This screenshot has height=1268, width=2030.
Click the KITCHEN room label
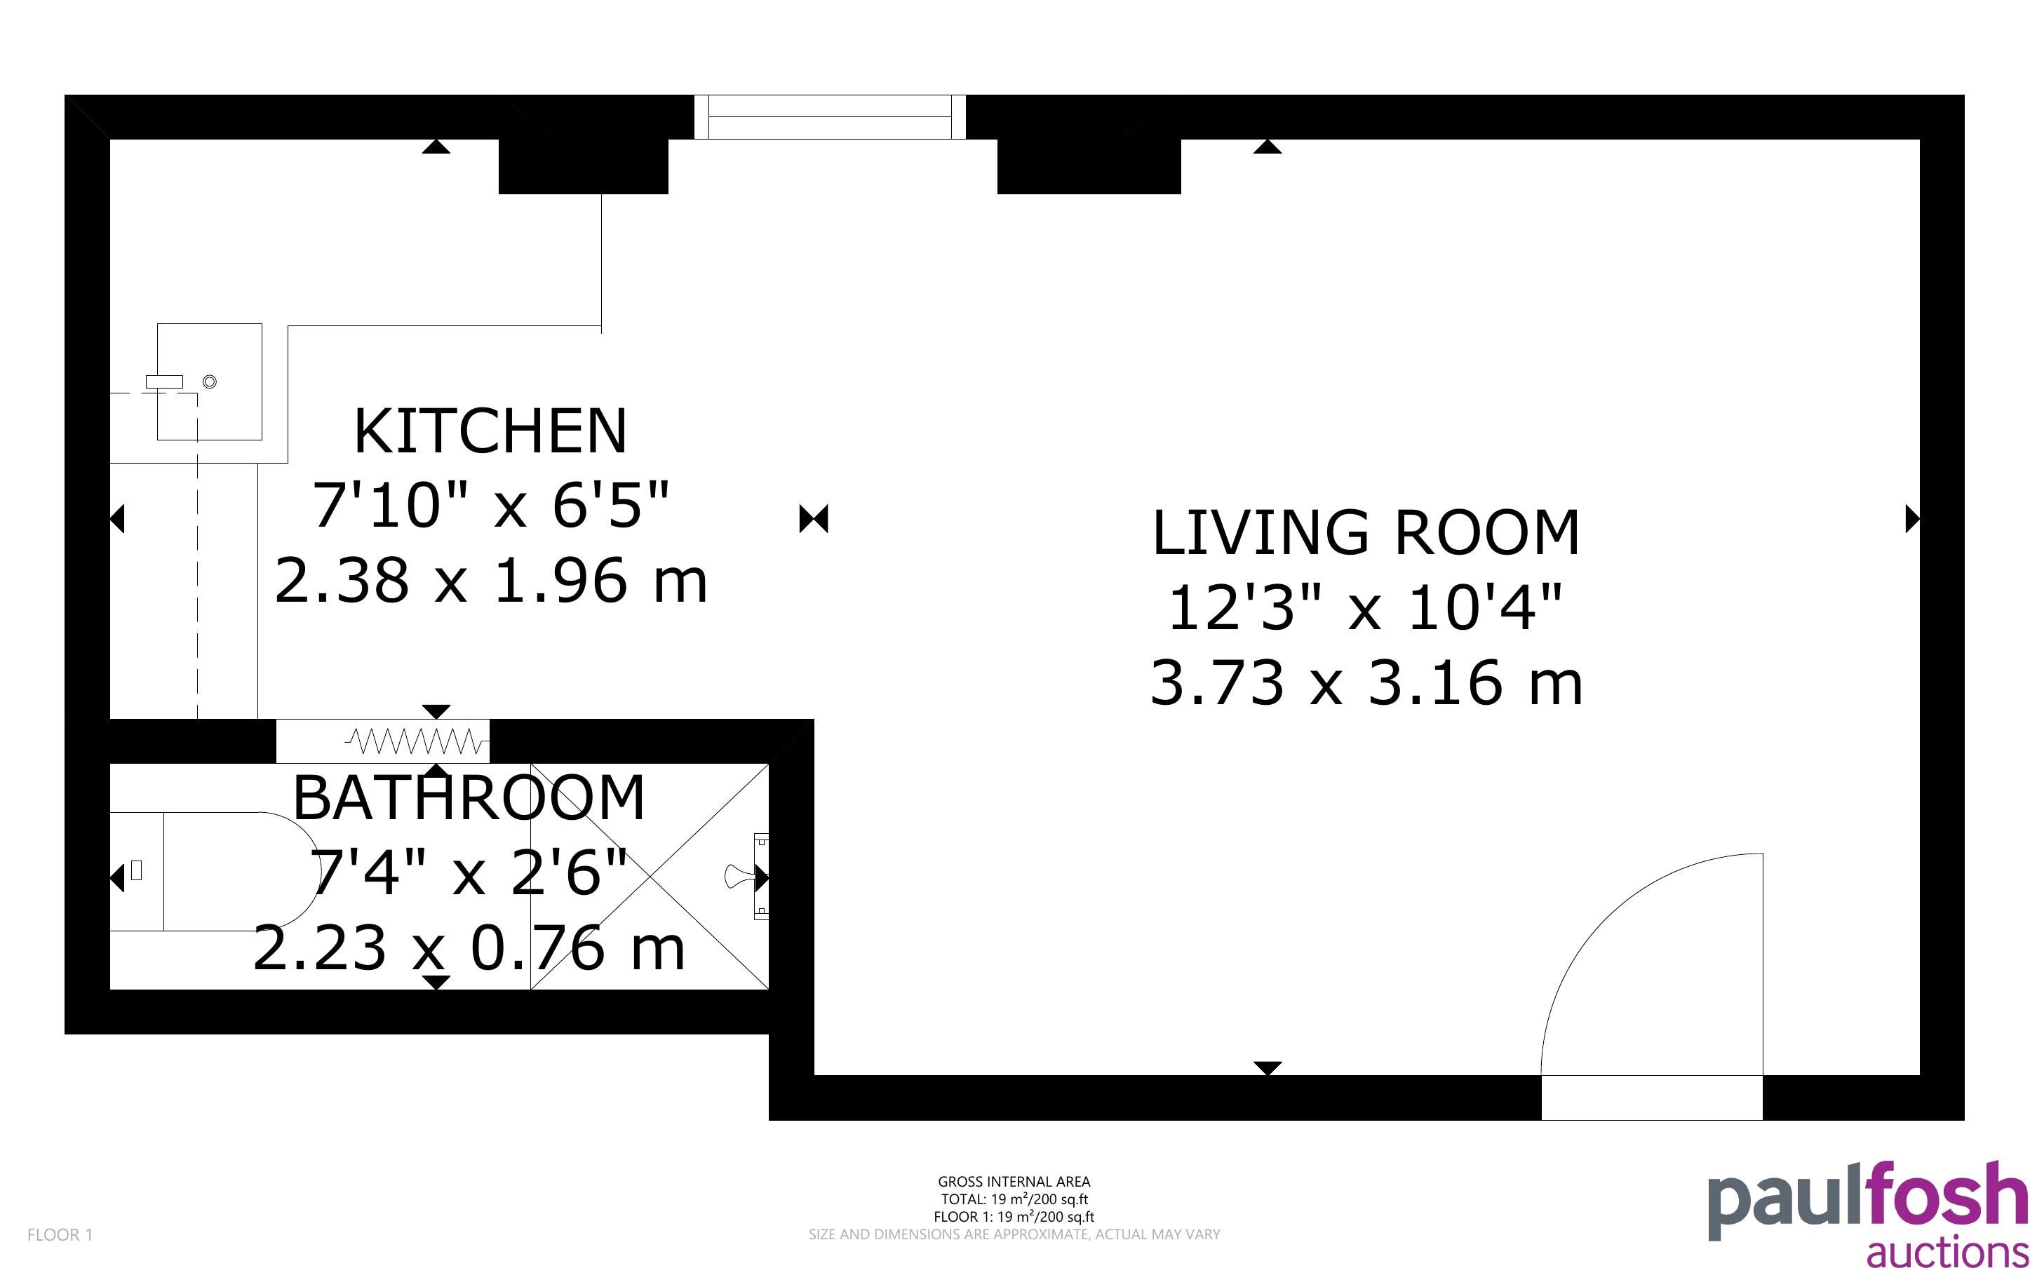click(490, 431)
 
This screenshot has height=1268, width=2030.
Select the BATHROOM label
click(469, 797)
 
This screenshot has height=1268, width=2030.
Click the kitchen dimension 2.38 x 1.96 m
click(491, 580)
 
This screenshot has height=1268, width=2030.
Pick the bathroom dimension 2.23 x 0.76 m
click(469, 947)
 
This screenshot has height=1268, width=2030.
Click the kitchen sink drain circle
click(210, 382)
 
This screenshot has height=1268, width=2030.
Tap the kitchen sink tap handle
click(164, 382)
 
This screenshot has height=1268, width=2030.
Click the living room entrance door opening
click(1652, 1097)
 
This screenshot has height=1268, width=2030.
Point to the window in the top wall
click(830, 116)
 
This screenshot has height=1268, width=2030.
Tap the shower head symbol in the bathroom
click(739, 877)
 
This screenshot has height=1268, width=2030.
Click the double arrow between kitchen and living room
click(814, 519)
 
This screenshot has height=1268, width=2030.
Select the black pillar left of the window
click(584, 166)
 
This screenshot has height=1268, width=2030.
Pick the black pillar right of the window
click(1089, 166)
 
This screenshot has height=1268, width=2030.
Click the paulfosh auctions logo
click(1867, 1213)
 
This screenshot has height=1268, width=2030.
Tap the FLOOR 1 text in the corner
click(60, 1234)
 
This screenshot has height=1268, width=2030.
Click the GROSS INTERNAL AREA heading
click(1014, 1182)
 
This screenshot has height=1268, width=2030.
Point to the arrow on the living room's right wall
click(1914, 519)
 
